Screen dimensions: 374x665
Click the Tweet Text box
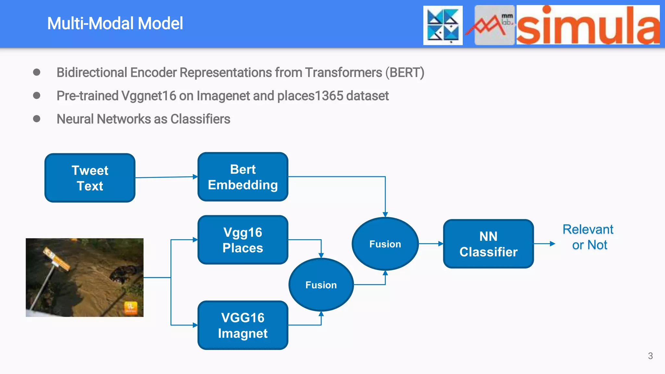pos(90,178)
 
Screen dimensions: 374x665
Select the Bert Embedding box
pos(243,177)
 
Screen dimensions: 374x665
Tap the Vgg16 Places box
pos(243,240)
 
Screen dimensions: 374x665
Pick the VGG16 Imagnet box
pos(243,325)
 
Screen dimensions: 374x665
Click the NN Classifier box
pos(488,244)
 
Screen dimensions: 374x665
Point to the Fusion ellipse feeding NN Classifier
pos(385,244)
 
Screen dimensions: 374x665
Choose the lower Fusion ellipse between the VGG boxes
pos(321,285)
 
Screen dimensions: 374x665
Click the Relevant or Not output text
pos(588,237)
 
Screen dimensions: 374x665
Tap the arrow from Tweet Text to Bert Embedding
pos(166,177)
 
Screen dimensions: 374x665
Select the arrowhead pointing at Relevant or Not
pos(552,243)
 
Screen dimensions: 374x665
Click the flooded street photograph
pos(84,278)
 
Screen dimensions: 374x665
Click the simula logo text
pos(588,26)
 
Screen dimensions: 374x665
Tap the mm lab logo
pos(494,25)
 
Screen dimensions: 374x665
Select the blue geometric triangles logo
pos(443,25)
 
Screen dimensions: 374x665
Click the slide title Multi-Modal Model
pos(115,23)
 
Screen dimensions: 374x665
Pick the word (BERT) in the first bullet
pos(405,72)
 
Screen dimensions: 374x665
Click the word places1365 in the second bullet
pos(310,96)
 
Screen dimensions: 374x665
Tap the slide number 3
pos(650,356)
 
